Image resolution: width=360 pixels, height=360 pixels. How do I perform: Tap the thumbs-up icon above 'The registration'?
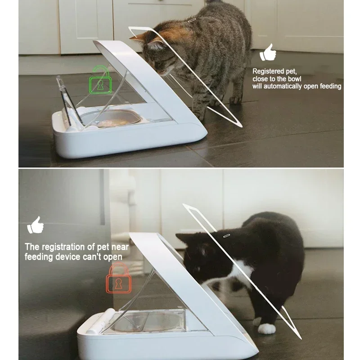36,225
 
